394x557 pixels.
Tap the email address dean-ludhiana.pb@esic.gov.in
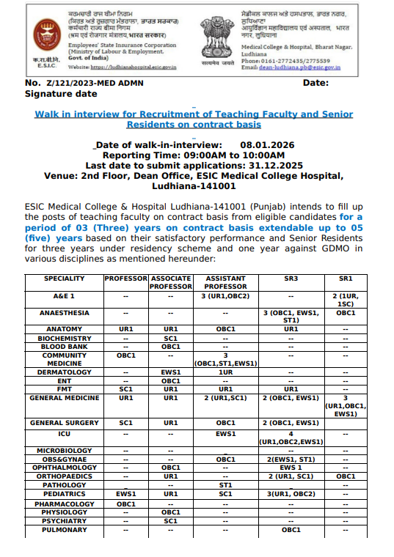(x=300, y=67)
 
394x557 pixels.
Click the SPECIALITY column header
(x=64, y=279)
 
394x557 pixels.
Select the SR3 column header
(x=291, y=279)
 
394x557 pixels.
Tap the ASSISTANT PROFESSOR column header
(x=225, y=283)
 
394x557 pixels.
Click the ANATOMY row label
(x=64, y=329)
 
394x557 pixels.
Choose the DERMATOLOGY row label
(x=64, y=372)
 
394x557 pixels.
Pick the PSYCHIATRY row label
(x=64, y=520)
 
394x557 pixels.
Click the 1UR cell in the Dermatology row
(x=225, y=372)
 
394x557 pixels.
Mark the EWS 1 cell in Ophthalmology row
(x=291, y=467)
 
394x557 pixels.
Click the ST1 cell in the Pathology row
(x=225, y=484)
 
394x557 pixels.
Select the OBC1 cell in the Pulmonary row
(x=291, y=529)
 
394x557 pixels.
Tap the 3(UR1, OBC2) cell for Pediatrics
(x=291, y=494)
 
